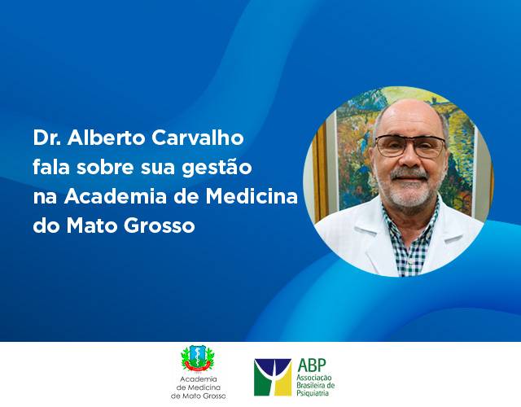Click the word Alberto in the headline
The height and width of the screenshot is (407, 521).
click(107, 138)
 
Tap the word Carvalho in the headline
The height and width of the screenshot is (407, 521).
click(198, 138)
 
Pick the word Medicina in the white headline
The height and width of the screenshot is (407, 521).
click(252, 196)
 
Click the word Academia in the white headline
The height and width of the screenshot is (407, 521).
click(116, 196)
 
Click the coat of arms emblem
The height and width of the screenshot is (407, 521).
click(198, 359)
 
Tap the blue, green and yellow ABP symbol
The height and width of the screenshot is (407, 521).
click(273, 377)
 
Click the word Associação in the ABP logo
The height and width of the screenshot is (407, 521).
click(314, 378)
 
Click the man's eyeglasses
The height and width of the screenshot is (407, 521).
click(410, 147)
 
